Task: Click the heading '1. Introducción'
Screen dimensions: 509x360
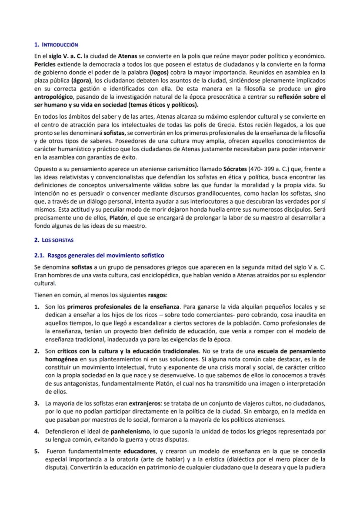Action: pos(56,45)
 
